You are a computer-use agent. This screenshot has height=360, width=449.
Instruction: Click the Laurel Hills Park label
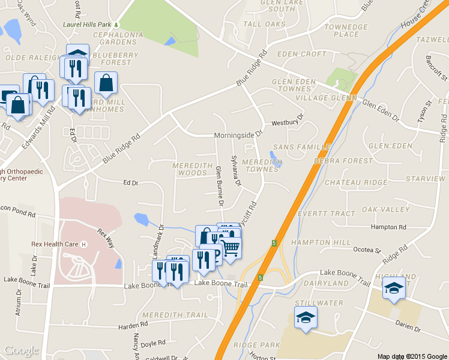pyautogui.click(x=88, y=25)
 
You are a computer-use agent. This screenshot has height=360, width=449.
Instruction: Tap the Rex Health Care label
pyautogui.click(x=55, y=245)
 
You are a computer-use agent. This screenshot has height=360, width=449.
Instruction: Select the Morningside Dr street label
pyautogui.click(x=239, y=136)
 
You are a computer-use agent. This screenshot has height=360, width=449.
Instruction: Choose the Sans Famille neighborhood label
pyautogui.click(x=301, y=147)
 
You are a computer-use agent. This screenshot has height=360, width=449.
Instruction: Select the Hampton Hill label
pyautogui.click(x=321, y=242)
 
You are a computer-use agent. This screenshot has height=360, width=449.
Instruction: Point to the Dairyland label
pyautogui.click(x=326, y=283)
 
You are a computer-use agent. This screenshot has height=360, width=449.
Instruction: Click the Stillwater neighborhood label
pyautogui.click(x=319, y=304)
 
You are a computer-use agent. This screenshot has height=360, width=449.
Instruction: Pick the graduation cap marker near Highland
pyautogui.click(x=394, y=289)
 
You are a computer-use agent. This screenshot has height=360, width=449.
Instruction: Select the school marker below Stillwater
pyautogui.click(x=306, y=316)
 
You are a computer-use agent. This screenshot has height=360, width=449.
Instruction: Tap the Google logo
pyautogui.click(x=22, y=350)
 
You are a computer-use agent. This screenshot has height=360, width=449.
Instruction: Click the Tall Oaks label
pyautogui.click(x=265, y=24)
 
